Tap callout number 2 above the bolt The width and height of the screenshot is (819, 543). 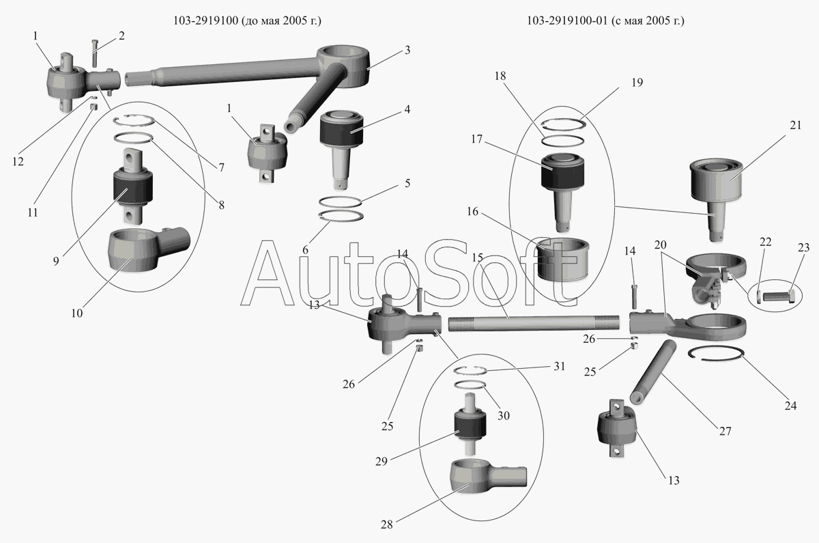click(121, 36)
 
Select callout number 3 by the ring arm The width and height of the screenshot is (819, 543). click(407, 50)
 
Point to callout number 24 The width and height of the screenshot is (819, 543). click(790, 406)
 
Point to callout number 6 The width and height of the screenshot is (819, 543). click(305, 251)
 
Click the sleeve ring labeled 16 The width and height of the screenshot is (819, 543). click(564, 258)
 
